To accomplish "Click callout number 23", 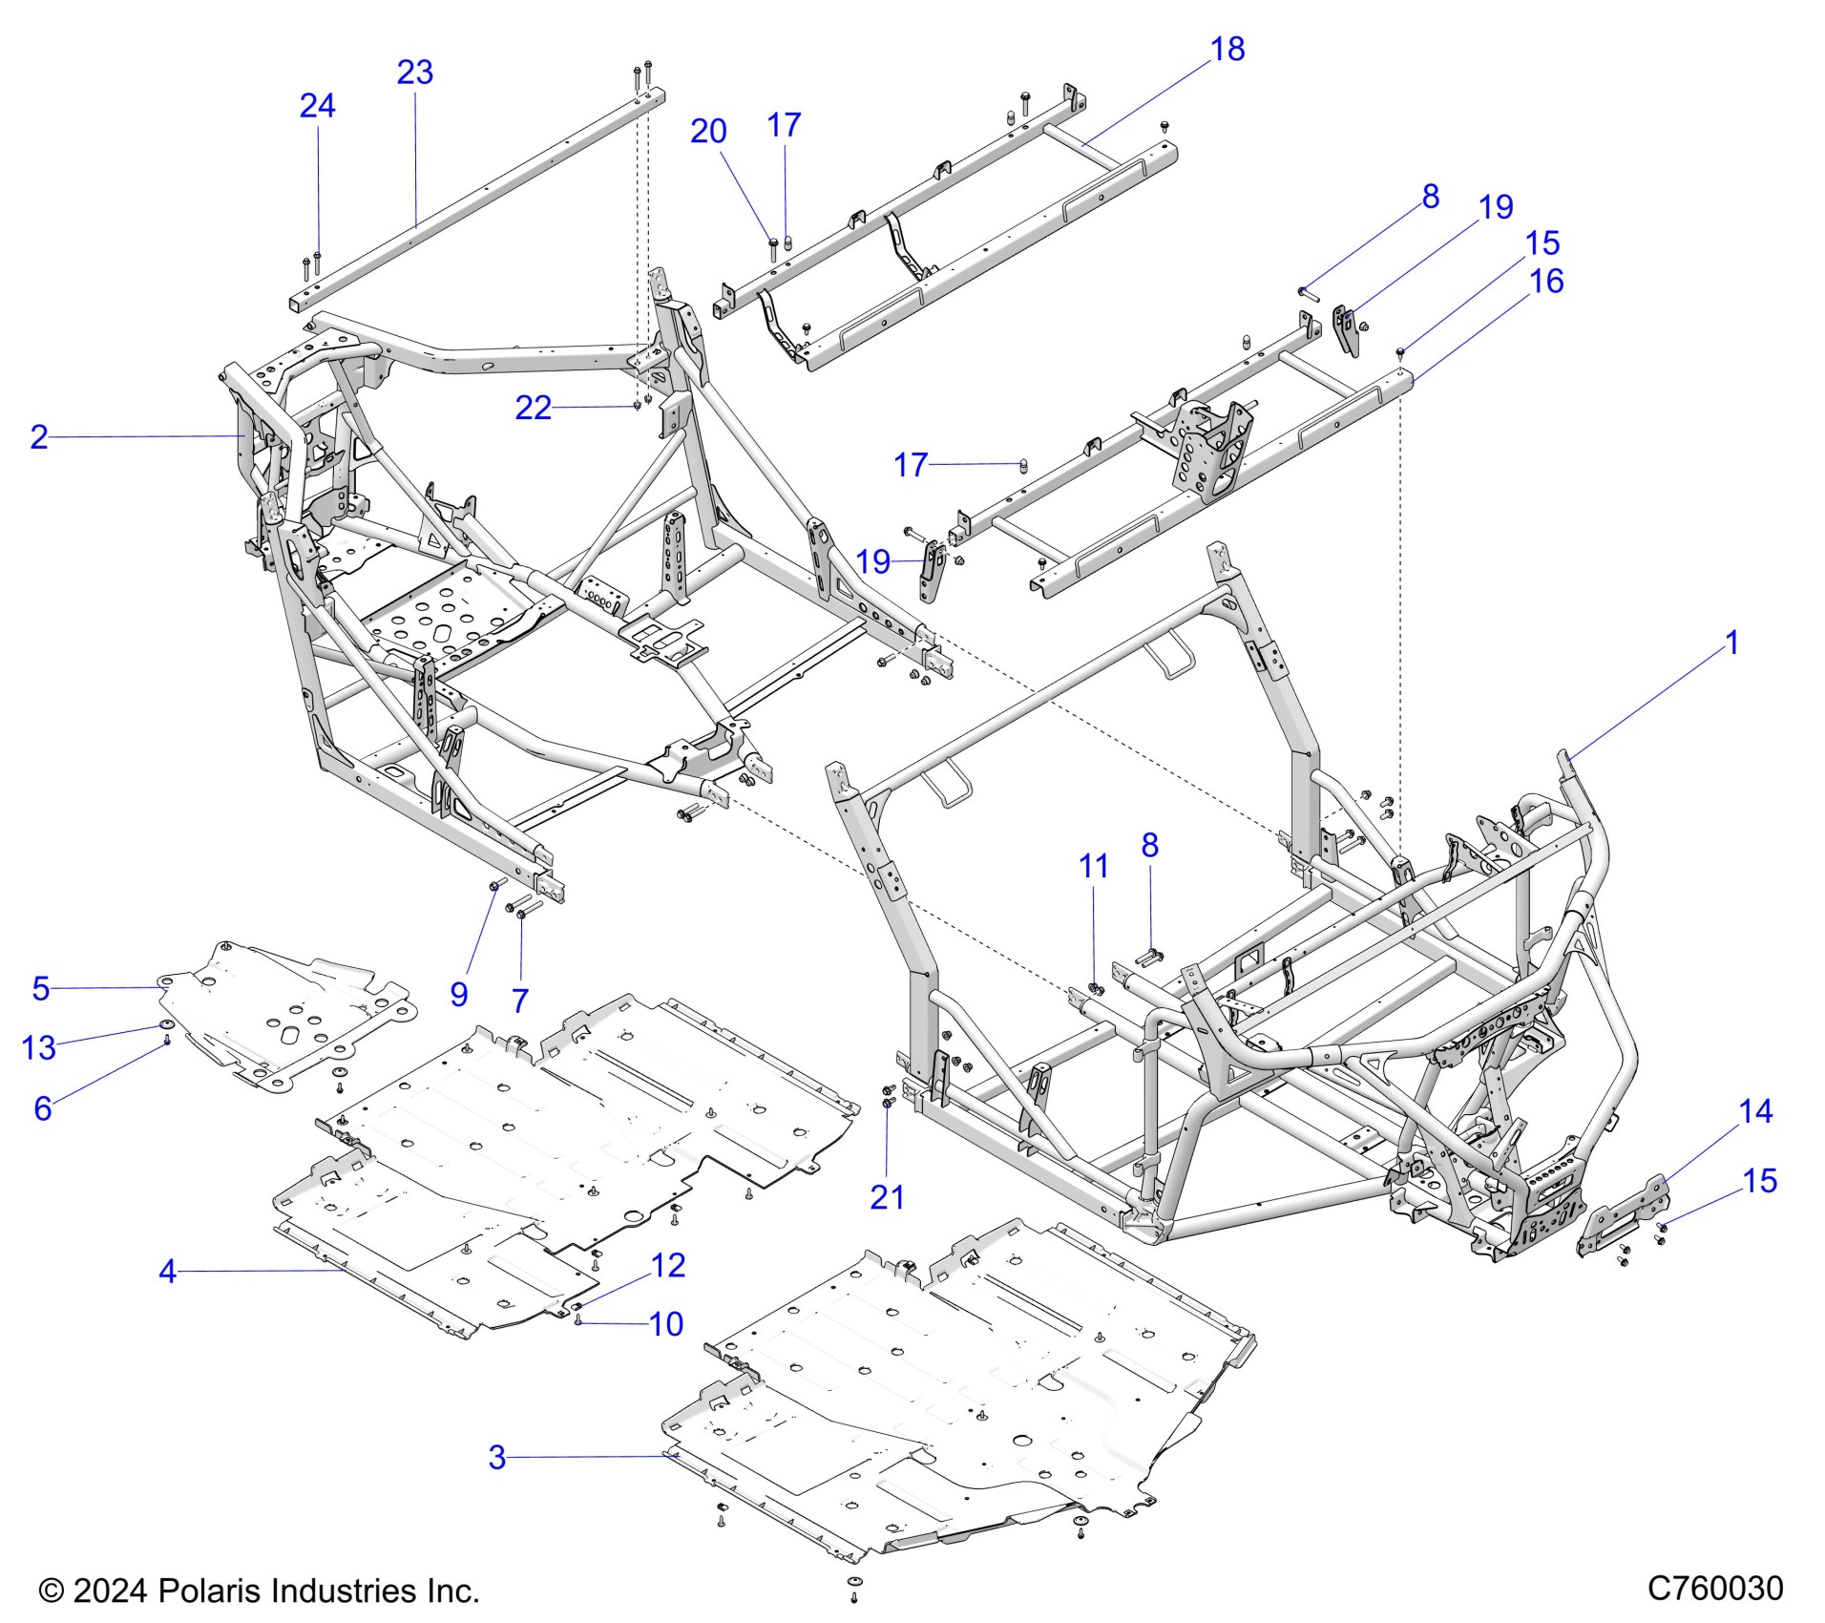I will (x=415, y=73).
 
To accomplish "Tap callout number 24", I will (x=317, y=106).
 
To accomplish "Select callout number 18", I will (x=1227, y=50).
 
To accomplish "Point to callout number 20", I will (x=708, y=132).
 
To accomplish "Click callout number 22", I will (x=534, y=409).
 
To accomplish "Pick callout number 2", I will (x=39, y=437).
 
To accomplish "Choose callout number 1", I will (x=1732, y=643).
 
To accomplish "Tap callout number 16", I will (x=1547, y=282).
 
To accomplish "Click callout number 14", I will (x=1755, y=1111).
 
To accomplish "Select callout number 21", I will (x=887, y=1197).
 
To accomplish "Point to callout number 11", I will (x=1093, y=866).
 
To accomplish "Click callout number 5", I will (x=40, y=988).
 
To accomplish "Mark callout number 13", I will (x=39, y=1047).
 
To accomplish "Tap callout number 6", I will (x=43, y=1108).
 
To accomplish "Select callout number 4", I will (x=168, y=1272).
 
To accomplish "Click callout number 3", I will (x=496, y=1457).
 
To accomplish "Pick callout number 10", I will (x=666, y=1324).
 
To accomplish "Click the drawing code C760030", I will (x=1715, y=1589).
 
